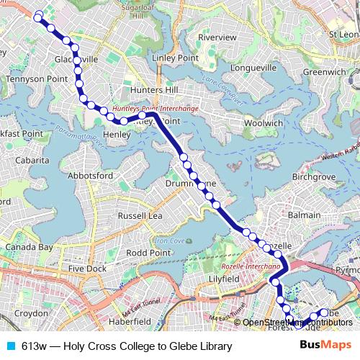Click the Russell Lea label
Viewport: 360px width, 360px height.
tap(141, 215)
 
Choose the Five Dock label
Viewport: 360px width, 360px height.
tap(86, 269)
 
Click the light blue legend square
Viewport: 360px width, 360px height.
tap(10, 346)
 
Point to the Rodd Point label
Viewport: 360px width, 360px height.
tap(148, 253)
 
